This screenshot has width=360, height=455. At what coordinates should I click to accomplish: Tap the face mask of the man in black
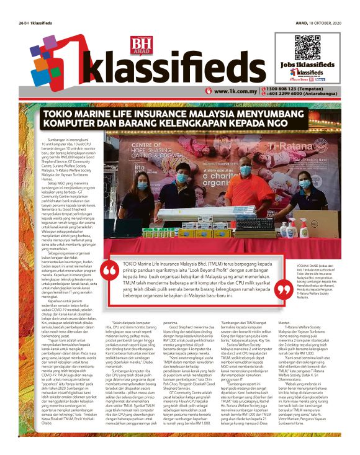[x=182, y=178]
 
